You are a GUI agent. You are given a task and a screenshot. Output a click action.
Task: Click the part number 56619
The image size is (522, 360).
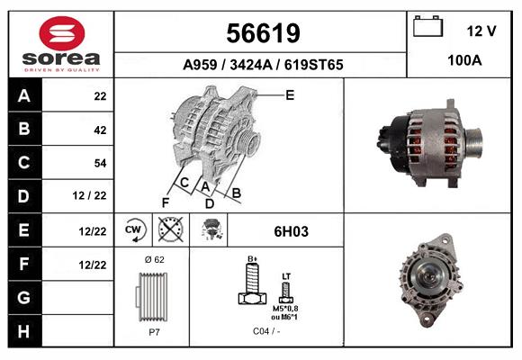point(262,34)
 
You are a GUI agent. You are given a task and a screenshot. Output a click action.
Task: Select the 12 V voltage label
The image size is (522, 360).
point(481,31)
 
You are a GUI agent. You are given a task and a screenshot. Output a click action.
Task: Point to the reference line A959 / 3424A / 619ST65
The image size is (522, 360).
point(262,65)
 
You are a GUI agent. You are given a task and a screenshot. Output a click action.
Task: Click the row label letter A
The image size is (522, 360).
point(24,95)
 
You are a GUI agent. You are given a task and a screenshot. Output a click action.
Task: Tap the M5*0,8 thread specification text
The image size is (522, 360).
point(286,309)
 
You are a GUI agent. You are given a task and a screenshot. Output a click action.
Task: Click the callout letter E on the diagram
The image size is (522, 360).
point(290,94)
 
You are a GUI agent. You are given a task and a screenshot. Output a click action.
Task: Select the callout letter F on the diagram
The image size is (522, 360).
point(165,202)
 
